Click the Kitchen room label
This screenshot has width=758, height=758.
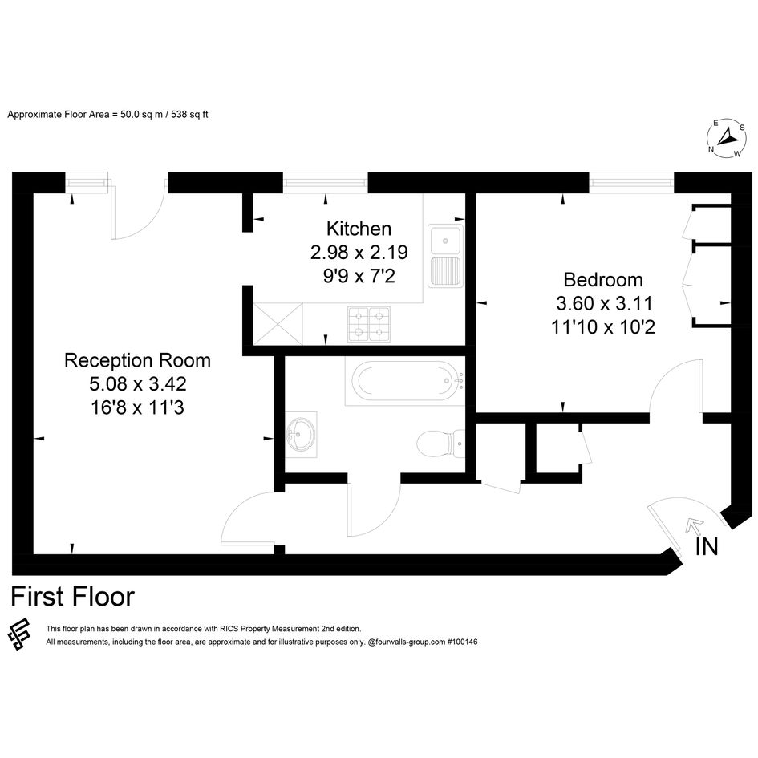pyautogui.click(x=359, y=229)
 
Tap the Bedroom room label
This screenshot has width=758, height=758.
pyautogui.click(x=603, y=280)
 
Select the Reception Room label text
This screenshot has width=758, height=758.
pyautogui.click(x=137, y=361)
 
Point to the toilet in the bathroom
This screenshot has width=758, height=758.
pyautogui.click(x=440, y=442)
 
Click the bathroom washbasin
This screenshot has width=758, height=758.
pyautogui.click(x=301, y=434)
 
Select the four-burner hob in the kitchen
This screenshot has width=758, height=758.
pyautogui.click(x=369, y=325)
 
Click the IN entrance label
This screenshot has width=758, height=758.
pyautogui.click(x=707, y=547)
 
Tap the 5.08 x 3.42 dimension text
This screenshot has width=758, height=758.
pyautogui.click(x=138, y=384)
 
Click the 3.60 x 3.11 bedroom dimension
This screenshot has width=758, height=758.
pyautogui.click(x=604, y=303)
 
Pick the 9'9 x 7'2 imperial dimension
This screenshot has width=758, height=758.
pyautogui.click(x=359, y=276)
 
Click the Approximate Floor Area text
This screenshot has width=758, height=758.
pyautogui.click(x=107, y=115)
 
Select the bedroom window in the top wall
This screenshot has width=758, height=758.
pyautogui.click(x=631, y=183)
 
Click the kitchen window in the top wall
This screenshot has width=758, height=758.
pyautogui.click(x=325, y=183)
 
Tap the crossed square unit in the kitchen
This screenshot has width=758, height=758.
pyautogui.click(x=278, y=324)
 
